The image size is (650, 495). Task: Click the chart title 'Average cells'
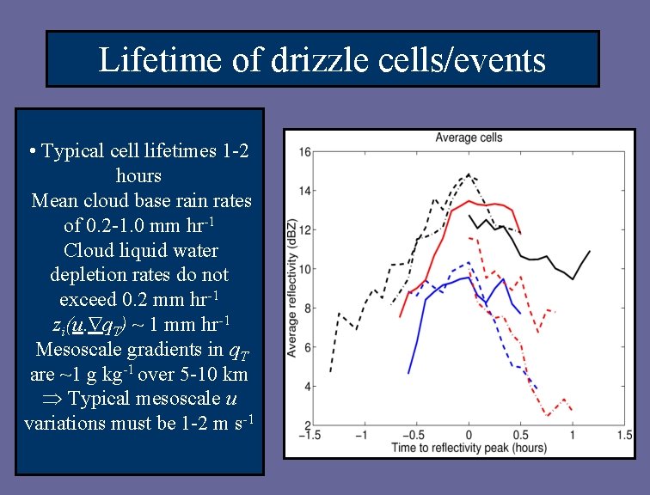coord(469,137)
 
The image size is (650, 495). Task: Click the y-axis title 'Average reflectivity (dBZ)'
coord(292,287)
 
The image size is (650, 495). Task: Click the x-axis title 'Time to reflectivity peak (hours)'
coord(469,448)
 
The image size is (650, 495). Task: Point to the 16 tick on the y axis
coord(306,152)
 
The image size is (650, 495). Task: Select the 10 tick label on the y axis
coord(306,269)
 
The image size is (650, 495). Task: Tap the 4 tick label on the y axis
coord(307,387)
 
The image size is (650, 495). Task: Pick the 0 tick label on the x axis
coord(469,436)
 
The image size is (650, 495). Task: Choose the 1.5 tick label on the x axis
coord(625,436)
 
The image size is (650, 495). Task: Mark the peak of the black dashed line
coord(469,174)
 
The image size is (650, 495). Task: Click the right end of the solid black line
coord(590,252)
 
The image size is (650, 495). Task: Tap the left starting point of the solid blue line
coord(408,373)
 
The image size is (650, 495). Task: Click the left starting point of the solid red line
coord(400,316)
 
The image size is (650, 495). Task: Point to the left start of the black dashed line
coord(330,372)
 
